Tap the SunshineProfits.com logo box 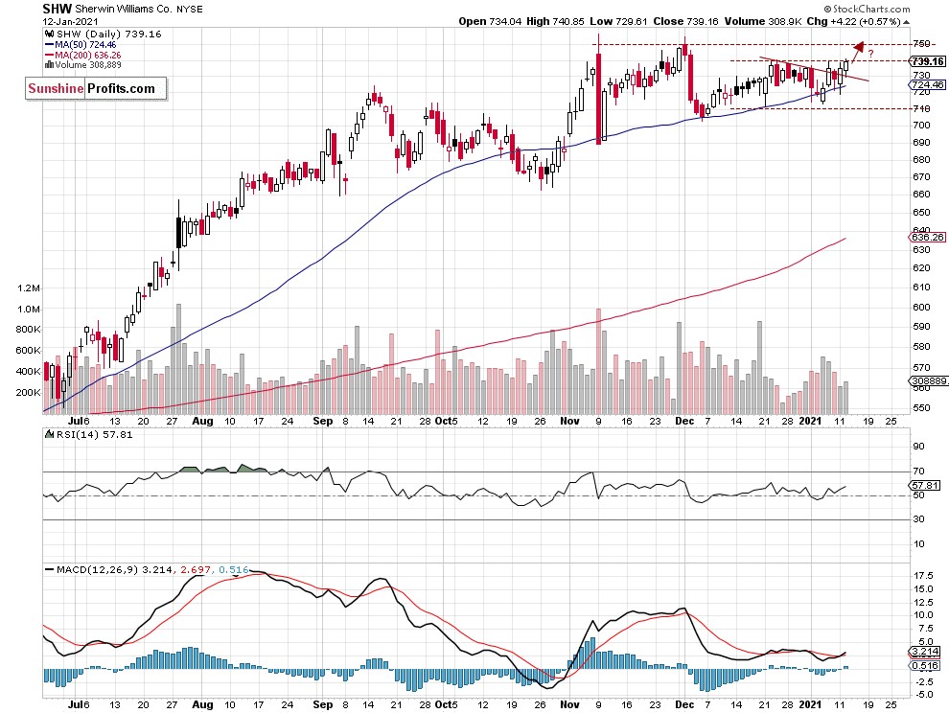tap(95, 89)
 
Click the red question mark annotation tap(870, 53)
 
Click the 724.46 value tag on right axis tap(927, 85)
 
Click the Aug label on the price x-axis tap(202, 421)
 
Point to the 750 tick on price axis tap(920, 44)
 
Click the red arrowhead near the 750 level tap(859, 48)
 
